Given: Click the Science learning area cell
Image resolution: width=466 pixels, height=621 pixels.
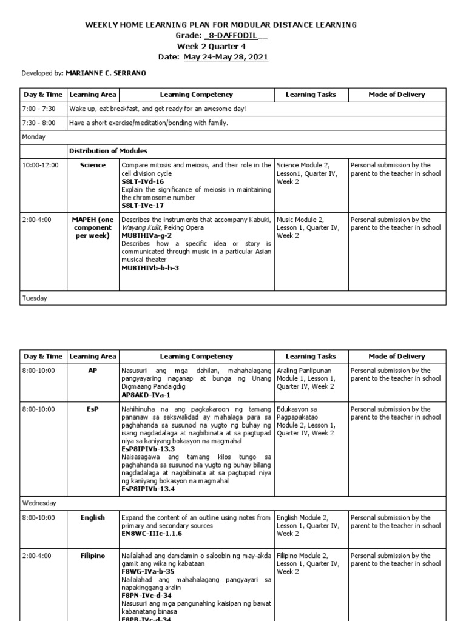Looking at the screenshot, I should (x=93, y=165).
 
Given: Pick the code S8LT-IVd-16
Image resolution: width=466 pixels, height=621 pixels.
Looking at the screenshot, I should (x=143, y=181).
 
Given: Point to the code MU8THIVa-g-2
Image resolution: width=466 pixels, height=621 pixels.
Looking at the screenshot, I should (x=146, y=235).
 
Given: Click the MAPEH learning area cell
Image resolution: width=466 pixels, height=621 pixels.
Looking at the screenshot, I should (x=93, y=227).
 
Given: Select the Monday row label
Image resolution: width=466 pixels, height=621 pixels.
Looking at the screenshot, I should (x=34, y=137).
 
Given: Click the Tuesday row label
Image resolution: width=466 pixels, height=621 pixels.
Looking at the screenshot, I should (x=35, y=298).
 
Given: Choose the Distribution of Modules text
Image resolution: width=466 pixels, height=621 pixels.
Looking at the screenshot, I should (x=108, y=151).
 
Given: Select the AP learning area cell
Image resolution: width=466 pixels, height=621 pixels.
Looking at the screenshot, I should (x=93, y=371).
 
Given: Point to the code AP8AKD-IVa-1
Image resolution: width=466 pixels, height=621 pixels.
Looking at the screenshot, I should (x=146, y=394).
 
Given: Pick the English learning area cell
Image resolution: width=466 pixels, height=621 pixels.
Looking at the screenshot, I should (x=93, y=518).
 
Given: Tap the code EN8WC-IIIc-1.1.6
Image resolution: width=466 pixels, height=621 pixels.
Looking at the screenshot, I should (x=152, y=534).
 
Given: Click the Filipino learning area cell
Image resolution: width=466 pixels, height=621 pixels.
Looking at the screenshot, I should (x=93, y=556).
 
